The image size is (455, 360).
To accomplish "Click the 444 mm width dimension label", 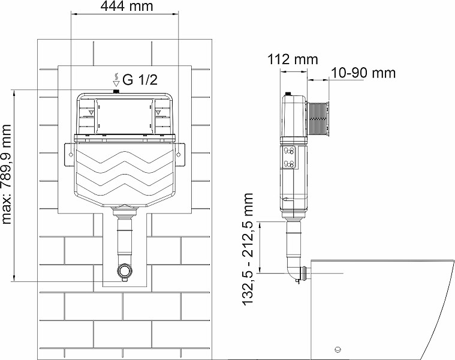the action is tap(126, 6).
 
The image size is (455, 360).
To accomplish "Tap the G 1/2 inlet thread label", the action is tap(140, 79).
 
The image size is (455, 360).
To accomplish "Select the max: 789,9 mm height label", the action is tap(7, 175).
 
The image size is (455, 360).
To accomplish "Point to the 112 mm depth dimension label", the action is tap(293, 59).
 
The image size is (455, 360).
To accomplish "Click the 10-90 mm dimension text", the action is tap(363, 73).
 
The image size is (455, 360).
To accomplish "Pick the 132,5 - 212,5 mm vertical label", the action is tap(248, 249).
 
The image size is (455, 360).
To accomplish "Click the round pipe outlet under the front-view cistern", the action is tap(125, 270).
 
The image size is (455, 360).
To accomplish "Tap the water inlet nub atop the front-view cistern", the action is tap(116, 91).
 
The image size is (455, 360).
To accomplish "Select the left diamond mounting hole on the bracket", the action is tap(71, 155).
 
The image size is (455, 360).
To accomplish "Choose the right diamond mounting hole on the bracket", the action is tap(179, 155).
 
